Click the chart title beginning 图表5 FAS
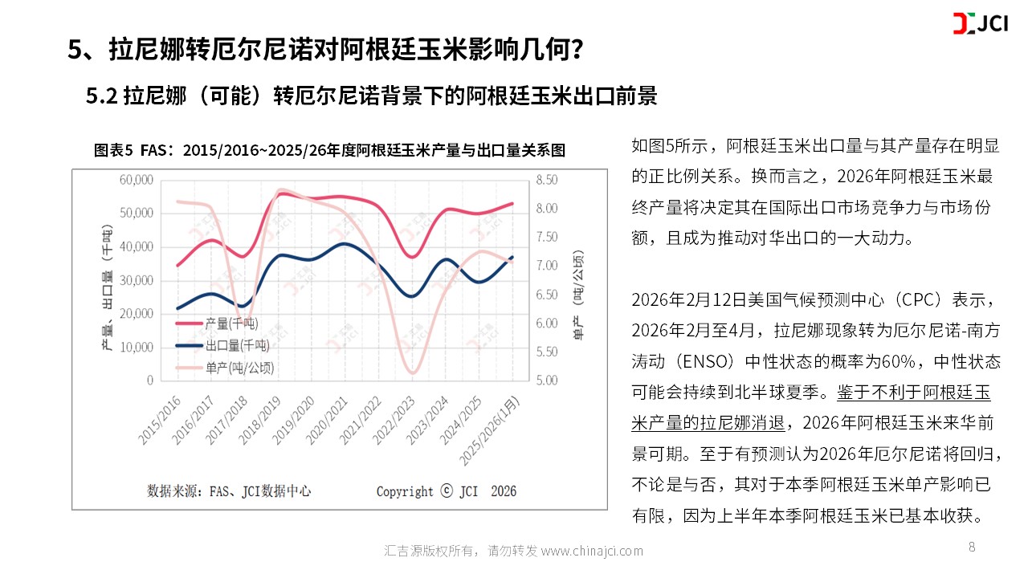pyautogui.click(x=330, y=150)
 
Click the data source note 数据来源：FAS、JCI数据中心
pyautogui.click(x=229, y=490)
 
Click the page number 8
pyautogui.click(x=972, y=547)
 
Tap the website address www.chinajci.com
pyautogui.click(x=592, y=551)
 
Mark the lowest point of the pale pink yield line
pyautogui.click(x=413, y=372)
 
